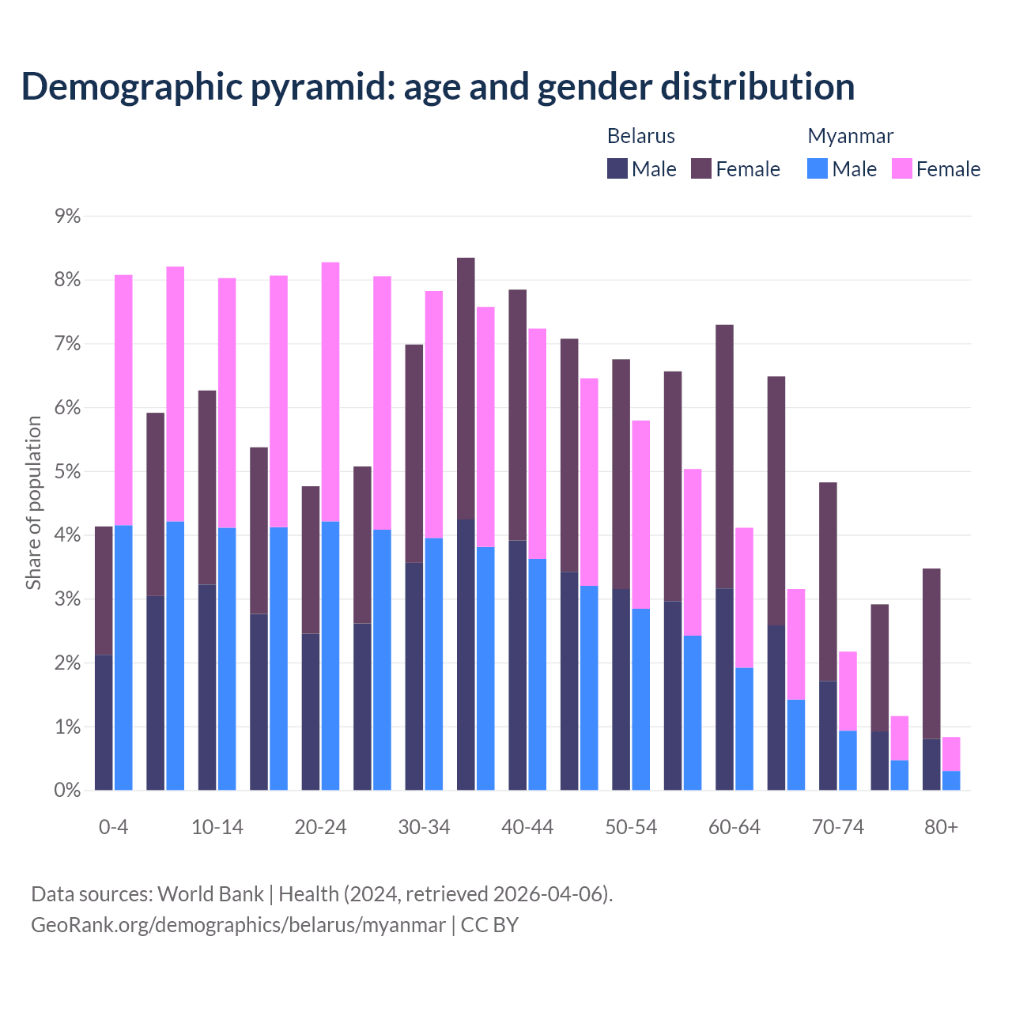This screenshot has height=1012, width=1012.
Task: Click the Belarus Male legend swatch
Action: click(x=617, y=168)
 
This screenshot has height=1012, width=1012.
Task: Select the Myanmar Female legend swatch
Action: click(x=902, y=168)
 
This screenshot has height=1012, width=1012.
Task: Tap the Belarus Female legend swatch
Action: click(x=701, y=168)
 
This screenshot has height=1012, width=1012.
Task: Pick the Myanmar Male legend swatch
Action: click(x=818, y=168)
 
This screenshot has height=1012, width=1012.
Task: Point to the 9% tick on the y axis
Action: click(x=67, y=216)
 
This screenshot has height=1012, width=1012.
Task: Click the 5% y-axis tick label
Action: click(x=67, y=471)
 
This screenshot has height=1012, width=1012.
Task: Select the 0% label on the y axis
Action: click(x=67, y=790)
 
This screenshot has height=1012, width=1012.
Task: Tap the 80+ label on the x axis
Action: click(x=941, y=827)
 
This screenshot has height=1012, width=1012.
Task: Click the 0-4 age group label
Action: click(x=113, y=827)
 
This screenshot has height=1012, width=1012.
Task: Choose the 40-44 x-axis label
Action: click(x=527, y=827)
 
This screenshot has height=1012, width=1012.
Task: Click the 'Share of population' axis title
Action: click(x=33, y=503)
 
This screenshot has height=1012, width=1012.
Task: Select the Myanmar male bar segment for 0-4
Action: click(x=123, y=657)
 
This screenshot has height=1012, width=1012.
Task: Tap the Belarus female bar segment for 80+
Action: click(x=931, y=653)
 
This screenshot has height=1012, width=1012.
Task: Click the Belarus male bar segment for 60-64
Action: click(x=724, y=689)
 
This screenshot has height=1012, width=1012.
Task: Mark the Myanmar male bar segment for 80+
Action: click(x=951, y=780)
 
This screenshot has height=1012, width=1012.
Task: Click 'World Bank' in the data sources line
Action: click(x=210, y=894)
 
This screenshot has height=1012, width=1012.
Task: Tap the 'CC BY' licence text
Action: click(x=489, y=924)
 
